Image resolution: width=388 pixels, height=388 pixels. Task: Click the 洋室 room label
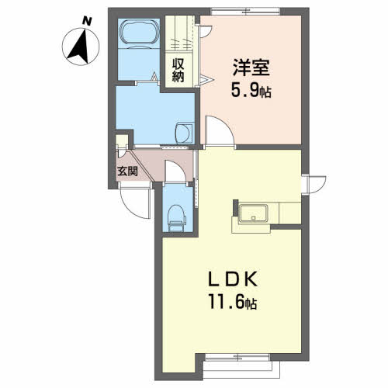coord(251,68)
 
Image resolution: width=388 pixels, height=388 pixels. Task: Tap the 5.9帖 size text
coord(251,91)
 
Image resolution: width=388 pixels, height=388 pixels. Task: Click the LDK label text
coord(233,279)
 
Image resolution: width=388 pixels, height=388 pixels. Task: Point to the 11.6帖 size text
coord(233,302)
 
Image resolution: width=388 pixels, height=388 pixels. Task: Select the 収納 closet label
coord(178,71)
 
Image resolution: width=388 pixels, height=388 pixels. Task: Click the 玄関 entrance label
coord(127,171)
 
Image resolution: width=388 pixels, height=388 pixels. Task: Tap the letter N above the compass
coord(87,21)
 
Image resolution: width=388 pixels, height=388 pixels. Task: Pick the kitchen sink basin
coord(254,213)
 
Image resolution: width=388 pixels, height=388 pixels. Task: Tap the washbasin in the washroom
coord(184,133)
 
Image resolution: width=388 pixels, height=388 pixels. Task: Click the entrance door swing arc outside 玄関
coord(134,204)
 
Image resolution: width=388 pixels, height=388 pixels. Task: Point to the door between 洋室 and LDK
coord(220,133)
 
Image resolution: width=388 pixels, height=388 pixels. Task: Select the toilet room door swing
coord(175,171)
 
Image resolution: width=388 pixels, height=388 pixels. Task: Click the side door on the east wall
coord(314,185)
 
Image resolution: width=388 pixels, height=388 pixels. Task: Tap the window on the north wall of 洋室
coord(245,12)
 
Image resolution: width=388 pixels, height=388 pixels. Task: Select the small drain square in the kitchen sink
coord(254,217)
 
